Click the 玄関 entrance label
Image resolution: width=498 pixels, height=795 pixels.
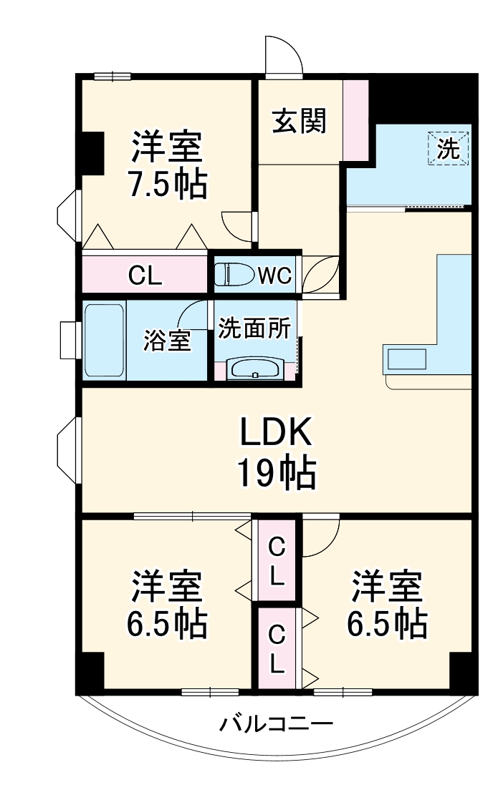299,121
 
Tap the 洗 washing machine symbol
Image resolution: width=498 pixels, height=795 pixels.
449,150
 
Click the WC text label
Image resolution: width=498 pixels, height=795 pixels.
274,275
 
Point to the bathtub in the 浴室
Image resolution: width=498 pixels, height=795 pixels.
105,342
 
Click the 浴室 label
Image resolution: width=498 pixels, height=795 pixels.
167,341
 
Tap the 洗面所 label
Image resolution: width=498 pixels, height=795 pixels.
254,328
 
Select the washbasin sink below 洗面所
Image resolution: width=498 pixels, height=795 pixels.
256,369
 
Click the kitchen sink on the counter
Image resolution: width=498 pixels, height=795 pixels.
406,358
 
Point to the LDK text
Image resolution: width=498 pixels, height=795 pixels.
275,434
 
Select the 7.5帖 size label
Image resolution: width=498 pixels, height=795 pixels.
167,185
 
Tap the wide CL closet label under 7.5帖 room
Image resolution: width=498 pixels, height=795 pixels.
145,275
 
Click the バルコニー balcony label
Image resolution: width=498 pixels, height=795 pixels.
276,724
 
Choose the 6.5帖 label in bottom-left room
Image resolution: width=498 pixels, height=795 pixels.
167,624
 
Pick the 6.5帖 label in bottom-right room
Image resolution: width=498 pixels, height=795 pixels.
387,624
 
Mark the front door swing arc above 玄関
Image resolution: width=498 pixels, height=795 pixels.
283,54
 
